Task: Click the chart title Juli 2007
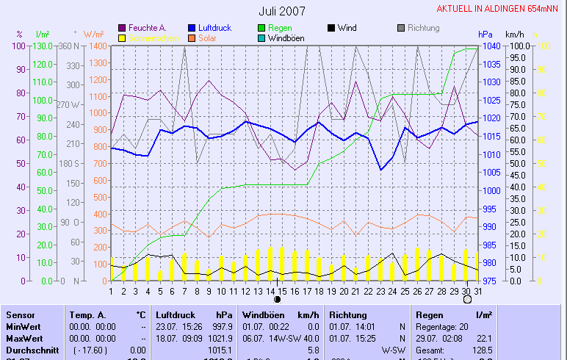[x=282, y=11]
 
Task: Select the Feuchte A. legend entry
[x=147, y=28]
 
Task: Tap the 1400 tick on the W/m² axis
[x=98, y=46]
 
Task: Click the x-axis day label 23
[x=380, y=292]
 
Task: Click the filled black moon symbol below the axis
[x=277, y=300]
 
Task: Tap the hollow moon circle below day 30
[x=467, y=300]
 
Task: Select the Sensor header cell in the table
[x=21, y=314]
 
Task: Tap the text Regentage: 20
[x=441, y=326]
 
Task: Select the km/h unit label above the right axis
[x=514, y=35]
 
